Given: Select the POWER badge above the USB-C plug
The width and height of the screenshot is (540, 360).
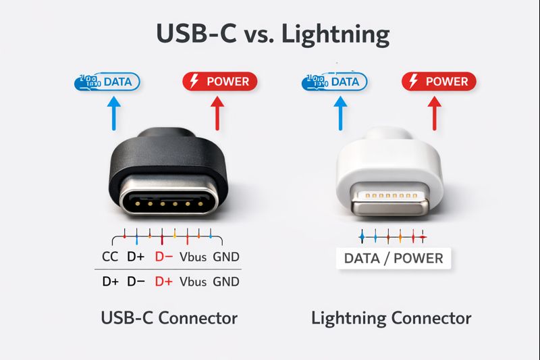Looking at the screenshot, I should [x=220, y=82].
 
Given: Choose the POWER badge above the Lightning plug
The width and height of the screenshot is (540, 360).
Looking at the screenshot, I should [x=439, y=82].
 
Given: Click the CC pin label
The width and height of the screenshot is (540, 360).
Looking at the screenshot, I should [x=110, y=257].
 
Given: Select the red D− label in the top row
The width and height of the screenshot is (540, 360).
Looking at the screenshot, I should [x=164, y=257].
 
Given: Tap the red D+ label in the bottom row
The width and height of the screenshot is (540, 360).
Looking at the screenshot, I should [x=164, y=282].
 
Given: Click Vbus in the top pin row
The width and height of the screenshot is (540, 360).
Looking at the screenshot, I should [x=193, y=257].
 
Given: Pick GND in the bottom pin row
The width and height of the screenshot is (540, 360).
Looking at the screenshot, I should [x=225, y=282].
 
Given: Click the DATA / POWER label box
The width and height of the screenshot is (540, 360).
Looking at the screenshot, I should [x=394, y=258].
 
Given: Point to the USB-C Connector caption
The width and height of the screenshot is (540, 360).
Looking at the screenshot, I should [x=168, y=317].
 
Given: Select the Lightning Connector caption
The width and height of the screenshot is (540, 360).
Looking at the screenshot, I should [x=391, y=317].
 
